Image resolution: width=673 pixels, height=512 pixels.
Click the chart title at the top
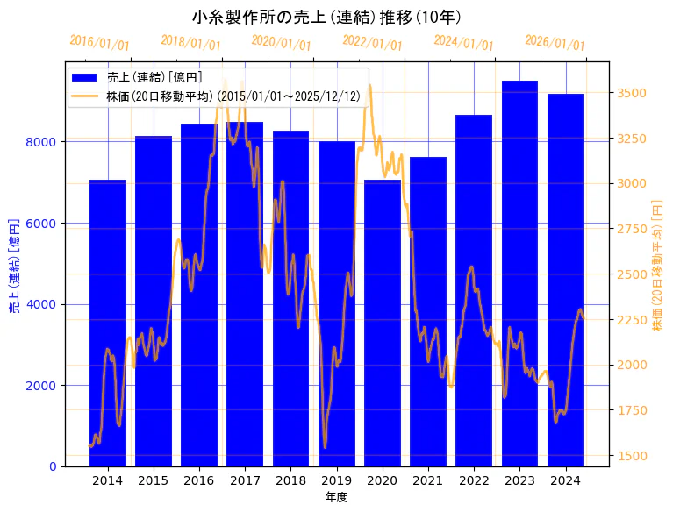tap(326, 17)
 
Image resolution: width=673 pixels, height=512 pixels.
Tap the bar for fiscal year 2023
tap(519, 273)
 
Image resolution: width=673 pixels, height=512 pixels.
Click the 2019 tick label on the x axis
tap(337, 480)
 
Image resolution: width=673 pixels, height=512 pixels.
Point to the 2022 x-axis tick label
tap(474, 480)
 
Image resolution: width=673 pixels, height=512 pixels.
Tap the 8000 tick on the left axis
tap(44, 142)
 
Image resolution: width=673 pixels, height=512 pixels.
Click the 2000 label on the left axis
tap(44, 386)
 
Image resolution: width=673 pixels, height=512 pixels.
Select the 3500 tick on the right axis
tap(633, 93)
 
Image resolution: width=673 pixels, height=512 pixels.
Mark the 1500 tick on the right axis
tap(633, 456)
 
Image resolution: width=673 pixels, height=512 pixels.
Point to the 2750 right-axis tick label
tap(633, 229)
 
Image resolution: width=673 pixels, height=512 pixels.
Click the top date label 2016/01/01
tap(99, 43)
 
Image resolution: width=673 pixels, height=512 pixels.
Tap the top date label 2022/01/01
tap(373, 43)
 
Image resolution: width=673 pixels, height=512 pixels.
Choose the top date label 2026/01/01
tap(555, 43)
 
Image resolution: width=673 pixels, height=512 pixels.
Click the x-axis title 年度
tap(337, 496)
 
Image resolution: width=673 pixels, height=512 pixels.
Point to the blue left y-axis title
tap(14, 264)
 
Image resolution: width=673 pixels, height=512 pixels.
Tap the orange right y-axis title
tap(658, 264)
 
